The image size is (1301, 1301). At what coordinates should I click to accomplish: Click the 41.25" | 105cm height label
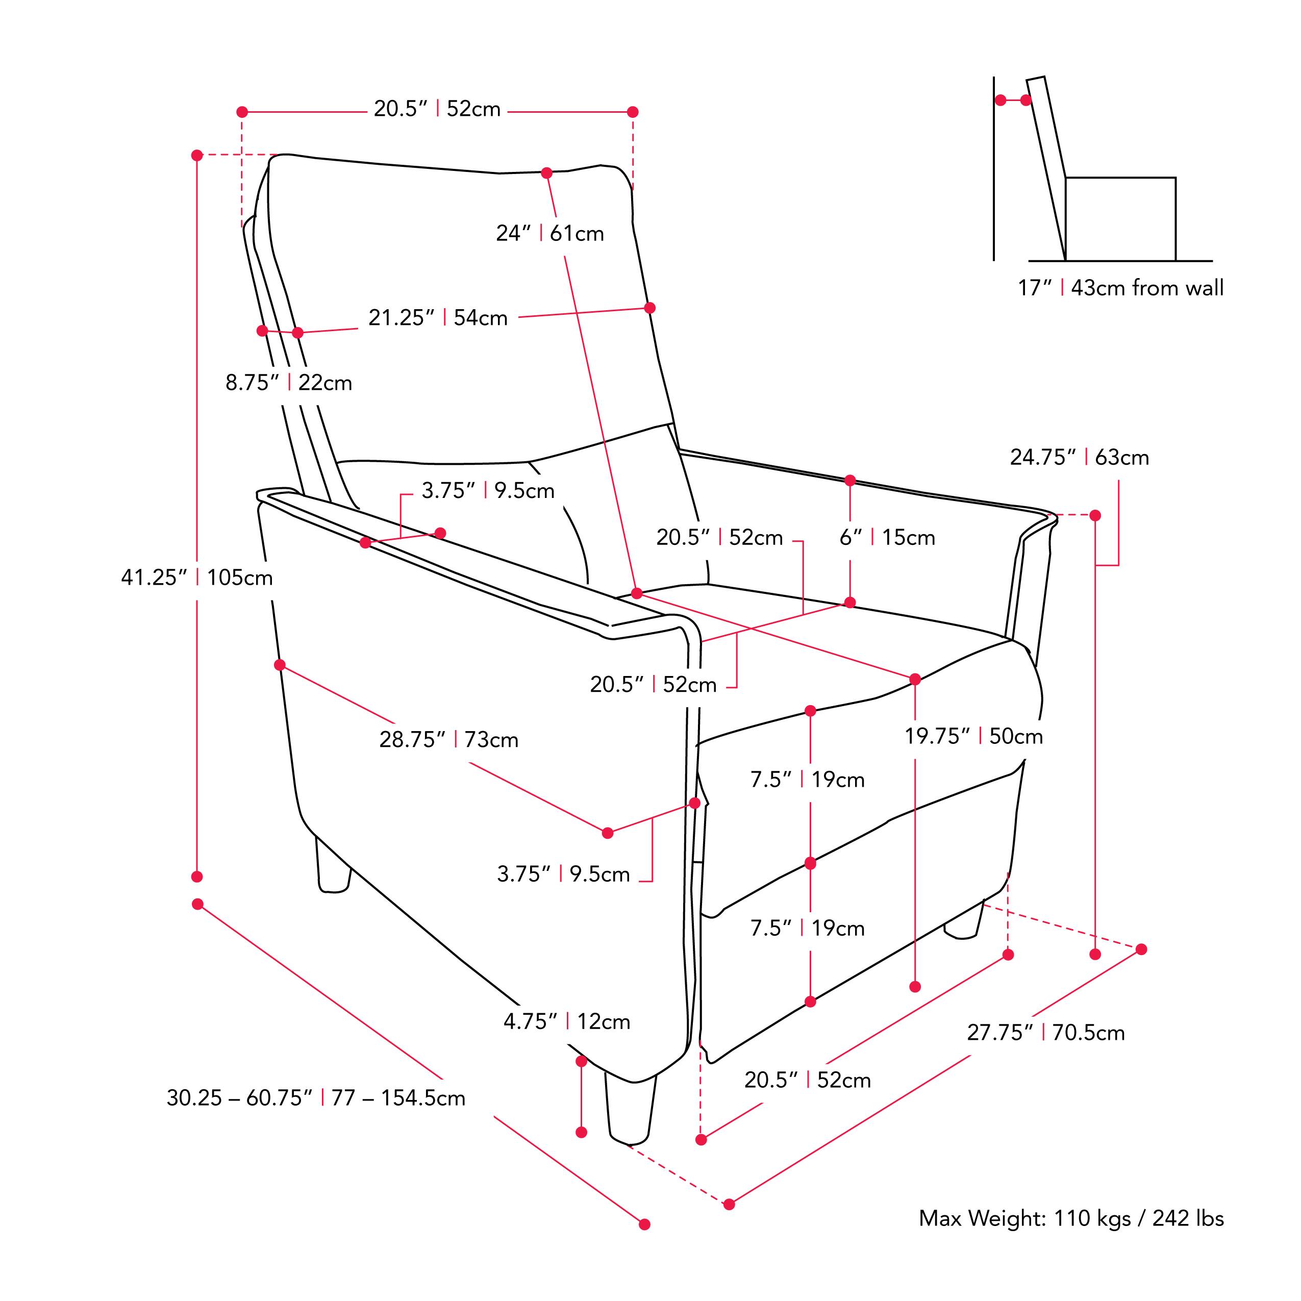(196, 578)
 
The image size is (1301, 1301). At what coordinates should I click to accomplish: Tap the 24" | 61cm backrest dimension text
(549, 234)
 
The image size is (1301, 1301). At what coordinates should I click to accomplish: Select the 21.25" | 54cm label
(438, 318)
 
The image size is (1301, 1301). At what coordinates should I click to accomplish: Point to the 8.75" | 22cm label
(288, 383)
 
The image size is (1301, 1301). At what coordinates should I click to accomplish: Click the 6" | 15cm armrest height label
(886, 537)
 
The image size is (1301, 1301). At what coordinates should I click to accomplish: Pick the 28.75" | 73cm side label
(448, 739)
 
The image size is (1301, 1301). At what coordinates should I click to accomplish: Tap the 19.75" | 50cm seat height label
(973, 736)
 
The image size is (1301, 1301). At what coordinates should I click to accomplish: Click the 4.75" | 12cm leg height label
(566, 1021)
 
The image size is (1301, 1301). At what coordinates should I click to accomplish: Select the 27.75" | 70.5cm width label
(1045, 1032)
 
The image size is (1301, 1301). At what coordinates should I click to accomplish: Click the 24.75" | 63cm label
(1079, 457)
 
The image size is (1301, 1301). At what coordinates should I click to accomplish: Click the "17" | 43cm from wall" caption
(1120, 288)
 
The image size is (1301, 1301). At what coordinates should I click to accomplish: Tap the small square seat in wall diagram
(1120, 219)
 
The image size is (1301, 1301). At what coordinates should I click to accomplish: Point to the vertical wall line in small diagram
(994, 168)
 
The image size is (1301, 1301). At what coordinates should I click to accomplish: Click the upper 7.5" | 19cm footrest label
(807, 780)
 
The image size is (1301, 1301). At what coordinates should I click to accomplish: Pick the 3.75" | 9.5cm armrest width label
(488, 491)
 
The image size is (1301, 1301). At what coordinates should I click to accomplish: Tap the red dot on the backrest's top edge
(546, 173)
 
